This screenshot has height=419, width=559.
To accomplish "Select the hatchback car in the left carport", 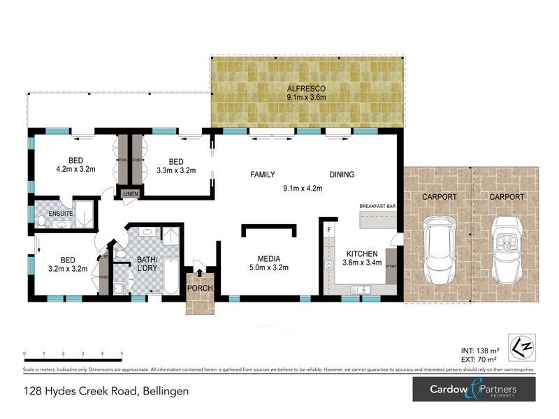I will [x=440, y=250].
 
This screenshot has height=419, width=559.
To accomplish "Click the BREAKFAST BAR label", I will [x=377, y=207].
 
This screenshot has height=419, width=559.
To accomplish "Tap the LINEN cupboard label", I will [x=131, y=194].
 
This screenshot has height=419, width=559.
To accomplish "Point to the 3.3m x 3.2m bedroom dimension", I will [x=176, y=170].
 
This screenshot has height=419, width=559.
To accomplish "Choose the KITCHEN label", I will [x=363, y=253].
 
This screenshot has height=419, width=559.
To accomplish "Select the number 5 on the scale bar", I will [x=122, y=354].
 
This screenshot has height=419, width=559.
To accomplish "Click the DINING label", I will [x=342, y=175].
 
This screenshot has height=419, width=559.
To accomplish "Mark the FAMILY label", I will [x=263, y=175].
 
